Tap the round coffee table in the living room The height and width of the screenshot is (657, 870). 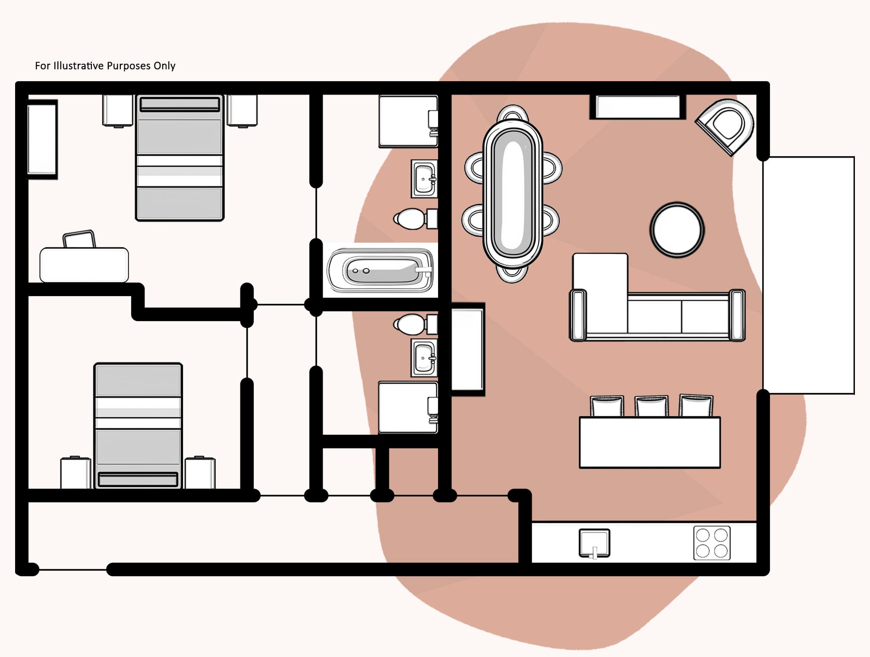point(677,230)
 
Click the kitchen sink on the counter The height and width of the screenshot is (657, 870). point(594,542)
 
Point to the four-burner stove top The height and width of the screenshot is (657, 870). point(712,543)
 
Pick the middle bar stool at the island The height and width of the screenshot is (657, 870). point(651,406)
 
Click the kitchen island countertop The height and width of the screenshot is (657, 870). point(649,442)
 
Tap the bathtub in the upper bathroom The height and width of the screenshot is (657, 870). point(380,271)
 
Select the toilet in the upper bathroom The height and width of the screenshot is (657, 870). point(412,219)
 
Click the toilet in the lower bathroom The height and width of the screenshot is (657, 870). point(412,324)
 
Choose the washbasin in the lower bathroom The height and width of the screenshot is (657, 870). point(424,358)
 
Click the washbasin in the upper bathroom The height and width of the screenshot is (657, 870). point(424,179)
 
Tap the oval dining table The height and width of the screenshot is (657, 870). point(512,193)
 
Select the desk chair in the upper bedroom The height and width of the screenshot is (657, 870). point(79,239)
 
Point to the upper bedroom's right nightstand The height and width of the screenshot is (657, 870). point(242,111)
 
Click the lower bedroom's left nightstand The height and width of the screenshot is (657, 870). point(76,473)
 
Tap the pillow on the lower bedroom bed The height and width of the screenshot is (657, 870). point(138,479)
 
